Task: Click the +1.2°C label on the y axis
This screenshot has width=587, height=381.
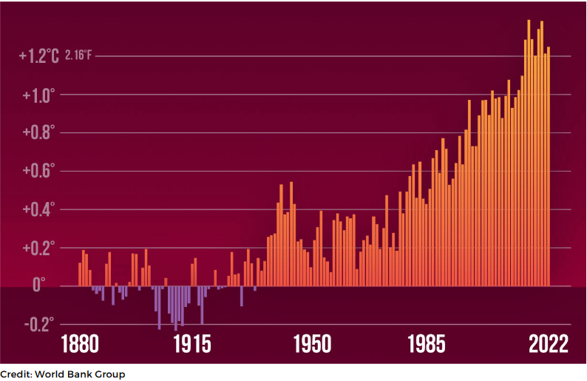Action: (38, 55)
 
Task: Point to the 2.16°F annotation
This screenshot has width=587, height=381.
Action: (79, 55)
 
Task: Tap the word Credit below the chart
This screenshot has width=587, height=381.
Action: (16, 374)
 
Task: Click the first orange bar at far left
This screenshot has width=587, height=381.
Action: (80, 274)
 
